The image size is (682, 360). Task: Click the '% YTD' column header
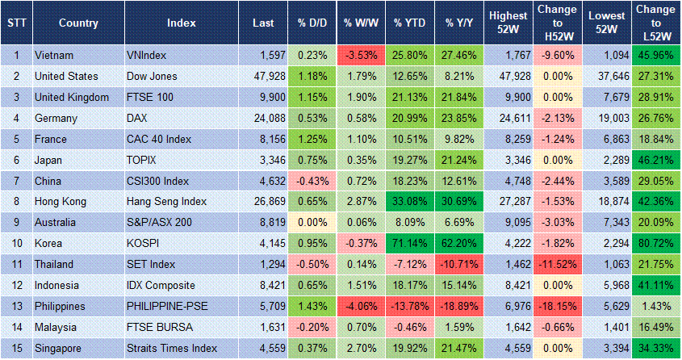[x=410, y=23]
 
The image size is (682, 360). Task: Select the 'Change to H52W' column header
[x=557, y=23]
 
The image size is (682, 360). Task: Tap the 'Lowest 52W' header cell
[x=606, y=23]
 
